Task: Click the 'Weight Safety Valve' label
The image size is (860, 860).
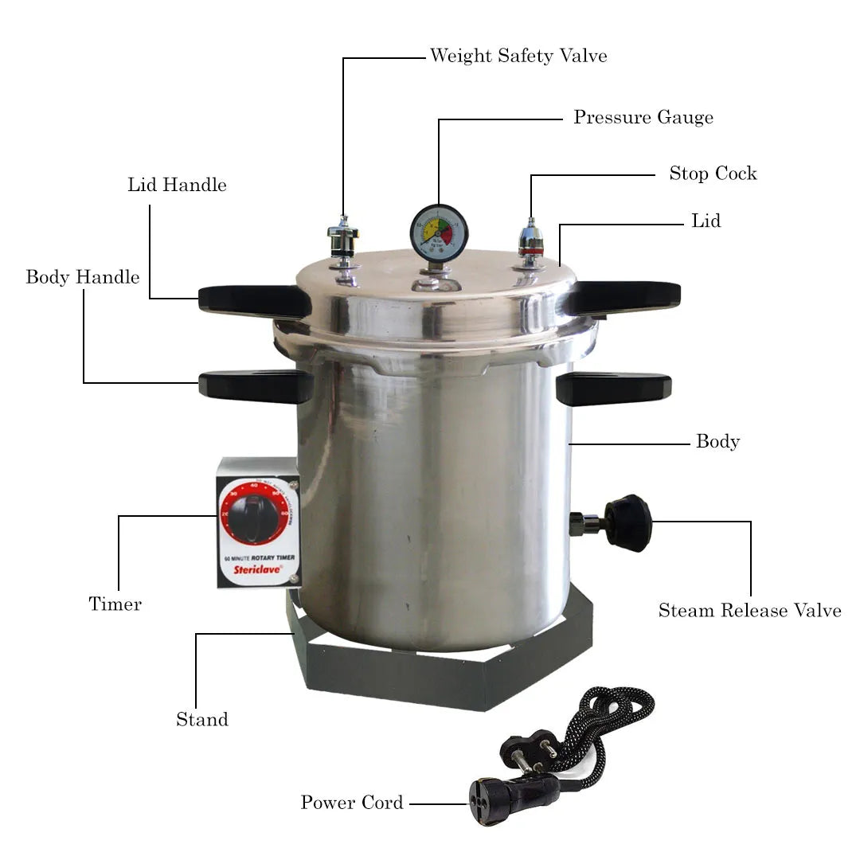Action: tap(518, 56)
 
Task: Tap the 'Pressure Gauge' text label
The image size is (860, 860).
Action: tap(643, 118)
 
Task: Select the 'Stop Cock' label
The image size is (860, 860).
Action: tap(712, 174)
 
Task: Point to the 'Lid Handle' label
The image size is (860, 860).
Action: tap(177, 186)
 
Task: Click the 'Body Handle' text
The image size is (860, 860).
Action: tap(82, 277)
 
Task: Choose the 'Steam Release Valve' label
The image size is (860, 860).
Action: tap(749, 611)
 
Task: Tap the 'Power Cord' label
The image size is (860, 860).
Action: tap(351, 803)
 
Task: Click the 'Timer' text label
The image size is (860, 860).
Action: tap(115, 604)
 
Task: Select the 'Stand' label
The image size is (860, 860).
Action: tap(202, 720)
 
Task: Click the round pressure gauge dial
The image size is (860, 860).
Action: tap(439, 232)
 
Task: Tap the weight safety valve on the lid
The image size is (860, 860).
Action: tap(343, 240)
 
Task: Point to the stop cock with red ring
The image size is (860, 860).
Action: tap(531, 242)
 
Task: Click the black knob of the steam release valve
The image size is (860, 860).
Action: tap(629, 523)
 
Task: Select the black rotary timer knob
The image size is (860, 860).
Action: tap(253, 518)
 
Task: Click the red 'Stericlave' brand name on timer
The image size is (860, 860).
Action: tap(255, 569)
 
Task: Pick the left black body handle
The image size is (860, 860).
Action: tap(255, 386)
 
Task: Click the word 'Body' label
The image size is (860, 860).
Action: tap(717, 442)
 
